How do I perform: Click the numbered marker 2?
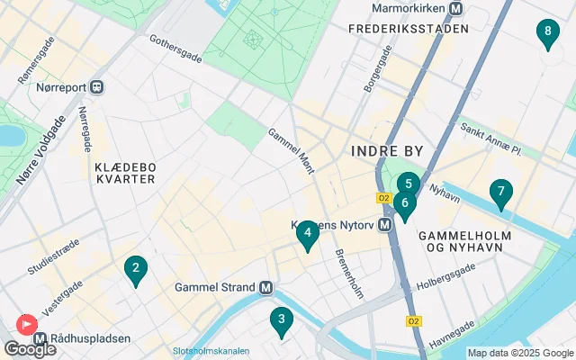coord(135,268)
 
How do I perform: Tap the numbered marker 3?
coord(282,319)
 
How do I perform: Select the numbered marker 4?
coord(307,234)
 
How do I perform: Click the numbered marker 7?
coord(500,193)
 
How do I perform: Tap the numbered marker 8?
coord(546,33)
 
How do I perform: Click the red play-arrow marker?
coord(27,323)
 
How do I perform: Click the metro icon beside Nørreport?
coord(97,87)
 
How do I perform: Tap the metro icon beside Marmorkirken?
coord(456,9)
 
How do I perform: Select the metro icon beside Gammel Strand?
coord(265,288)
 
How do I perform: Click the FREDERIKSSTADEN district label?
coord(409,29)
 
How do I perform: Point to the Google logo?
coord(30,349)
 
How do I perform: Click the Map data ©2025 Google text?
coord(519,353)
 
